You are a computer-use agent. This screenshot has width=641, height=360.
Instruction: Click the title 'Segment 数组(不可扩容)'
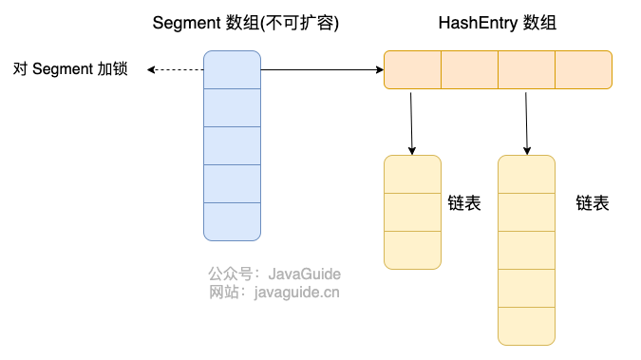(246, 23)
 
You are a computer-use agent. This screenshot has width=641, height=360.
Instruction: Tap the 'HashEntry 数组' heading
(497, 23)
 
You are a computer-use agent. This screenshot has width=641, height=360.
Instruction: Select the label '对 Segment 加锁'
(70, 68)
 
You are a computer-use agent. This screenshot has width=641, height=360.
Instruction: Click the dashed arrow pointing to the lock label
(176, 70)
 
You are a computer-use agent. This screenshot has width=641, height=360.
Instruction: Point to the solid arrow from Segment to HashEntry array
(322, 70)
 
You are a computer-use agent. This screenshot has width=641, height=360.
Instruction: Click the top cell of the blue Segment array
(233, 70)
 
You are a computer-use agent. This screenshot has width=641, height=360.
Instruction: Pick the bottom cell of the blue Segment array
(233, 221)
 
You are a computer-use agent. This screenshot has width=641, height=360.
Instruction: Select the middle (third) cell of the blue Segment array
(233, 145)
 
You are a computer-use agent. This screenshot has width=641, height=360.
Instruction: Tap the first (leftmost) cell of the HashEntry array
(412, 70)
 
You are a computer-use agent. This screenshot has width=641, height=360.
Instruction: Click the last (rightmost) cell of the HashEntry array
(583, 70)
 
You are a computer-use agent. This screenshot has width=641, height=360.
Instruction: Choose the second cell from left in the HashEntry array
(469, 70)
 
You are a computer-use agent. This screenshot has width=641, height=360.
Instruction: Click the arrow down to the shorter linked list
(411, 123)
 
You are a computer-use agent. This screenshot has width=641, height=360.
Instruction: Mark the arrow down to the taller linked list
(526, 123)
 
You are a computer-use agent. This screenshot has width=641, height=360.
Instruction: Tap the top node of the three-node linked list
(412, 174)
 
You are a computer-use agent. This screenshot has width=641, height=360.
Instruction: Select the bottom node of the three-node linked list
(412, 251)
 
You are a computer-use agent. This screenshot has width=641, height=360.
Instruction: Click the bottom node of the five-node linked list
(526, 327)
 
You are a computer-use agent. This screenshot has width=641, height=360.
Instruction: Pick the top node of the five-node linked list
(526, 174)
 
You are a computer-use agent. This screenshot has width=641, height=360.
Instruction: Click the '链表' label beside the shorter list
(464, 203)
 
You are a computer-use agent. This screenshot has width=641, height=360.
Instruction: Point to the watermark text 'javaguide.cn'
(297, 293)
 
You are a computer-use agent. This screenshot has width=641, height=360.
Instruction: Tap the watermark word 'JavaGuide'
(305, 274)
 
